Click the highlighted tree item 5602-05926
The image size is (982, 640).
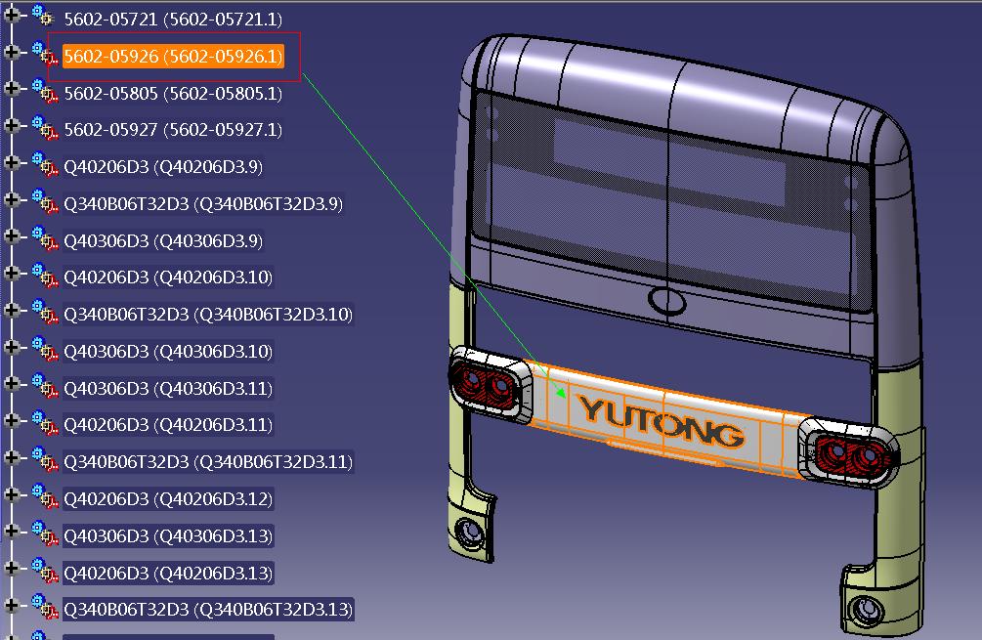tap(173, 57)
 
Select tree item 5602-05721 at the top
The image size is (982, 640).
tap(173, 19)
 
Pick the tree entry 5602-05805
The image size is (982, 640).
tap(173, 94)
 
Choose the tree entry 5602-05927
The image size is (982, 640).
tap(173, 130)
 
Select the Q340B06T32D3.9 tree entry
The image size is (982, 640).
tap(203, 204)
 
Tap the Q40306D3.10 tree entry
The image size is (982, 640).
tap(167, 351)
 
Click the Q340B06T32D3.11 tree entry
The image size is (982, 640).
tap(207, 461)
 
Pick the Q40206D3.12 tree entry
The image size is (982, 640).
tap(167, 498)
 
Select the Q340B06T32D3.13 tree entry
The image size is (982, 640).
tap(207, 610)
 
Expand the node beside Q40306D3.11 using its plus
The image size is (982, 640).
tap(12, 383)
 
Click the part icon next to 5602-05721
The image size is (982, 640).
tap(42, 16)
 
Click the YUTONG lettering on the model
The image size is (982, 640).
tap(661, 421)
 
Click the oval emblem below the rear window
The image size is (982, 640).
tap(666, 300)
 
